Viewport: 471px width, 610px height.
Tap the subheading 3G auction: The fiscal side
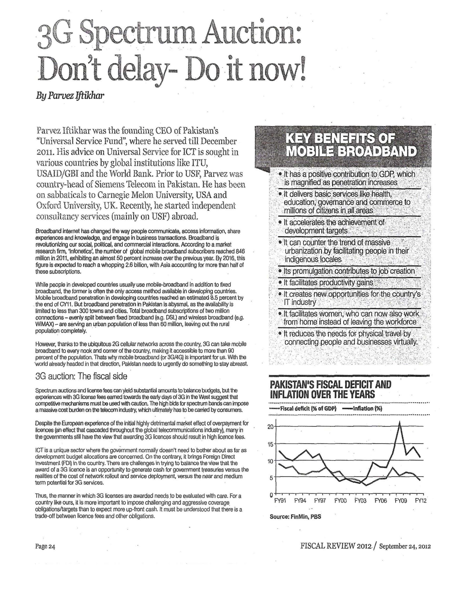pyautogui.click(x=81, y=376)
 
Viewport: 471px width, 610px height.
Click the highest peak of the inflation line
pyautogui.click(x=400, y=422)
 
